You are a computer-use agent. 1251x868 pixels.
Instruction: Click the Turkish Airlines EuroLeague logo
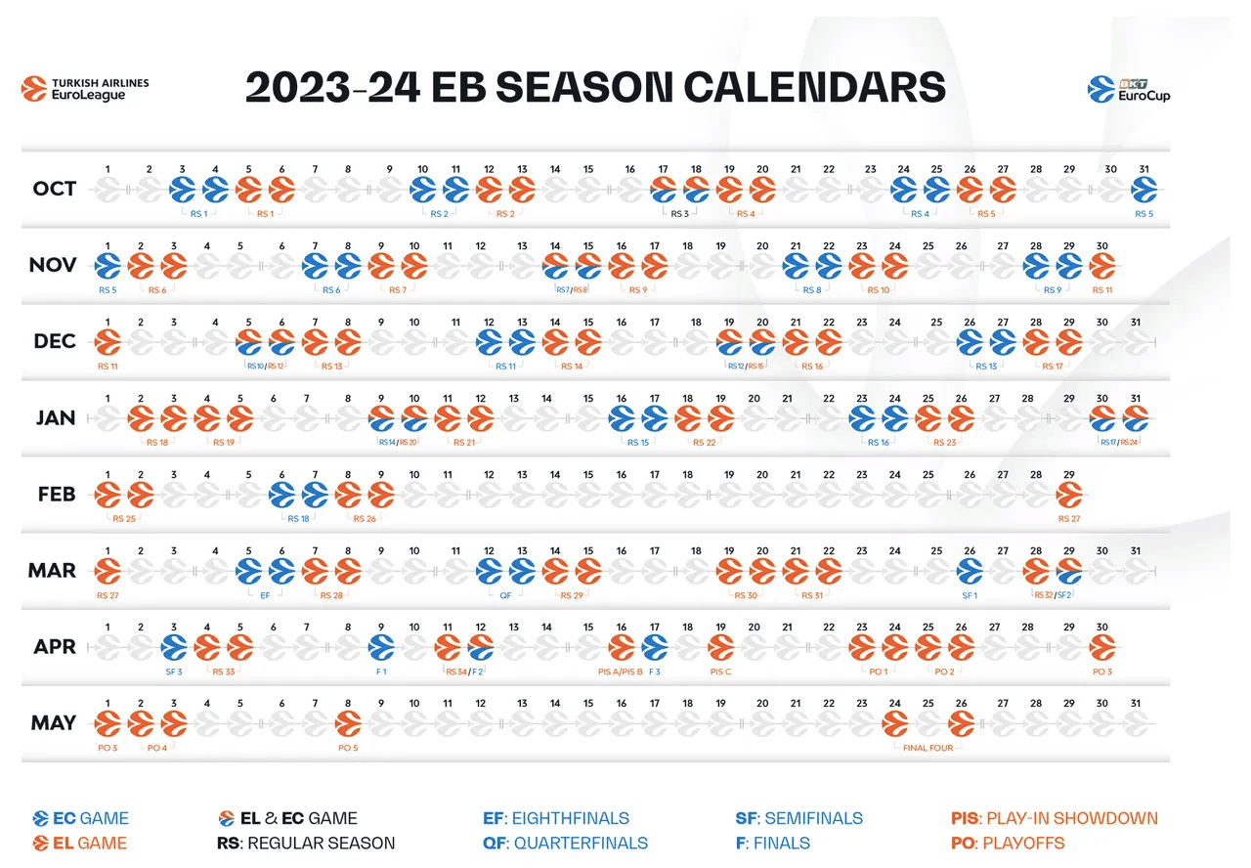[x=86, y=89]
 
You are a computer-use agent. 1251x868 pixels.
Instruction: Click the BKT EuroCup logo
[x=1129, y=89]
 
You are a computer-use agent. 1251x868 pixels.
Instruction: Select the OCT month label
[x=55, y=189]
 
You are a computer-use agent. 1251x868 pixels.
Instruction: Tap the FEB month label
[x=55, y=494]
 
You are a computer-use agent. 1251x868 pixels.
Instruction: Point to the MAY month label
[x=55, y=723]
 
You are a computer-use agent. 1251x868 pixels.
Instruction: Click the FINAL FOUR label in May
[x=927, y=748]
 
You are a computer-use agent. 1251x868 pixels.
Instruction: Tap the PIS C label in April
[x=720, y=672]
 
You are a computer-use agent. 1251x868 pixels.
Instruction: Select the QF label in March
[x=505, y=595]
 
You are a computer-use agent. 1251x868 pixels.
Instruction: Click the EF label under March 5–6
[x=265, y=595]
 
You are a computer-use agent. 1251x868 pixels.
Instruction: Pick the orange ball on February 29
[x=1069, y=494]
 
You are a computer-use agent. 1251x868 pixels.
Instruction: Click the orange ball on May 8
[x=348, y=723]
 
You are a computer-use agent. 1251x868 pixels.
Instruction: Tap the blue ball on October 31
[x=1143, y=189]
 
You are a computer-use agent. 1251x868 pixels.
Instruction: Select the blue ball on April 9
[x=381, y=646]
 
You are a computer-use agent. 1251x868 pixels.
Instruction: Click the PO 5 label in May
[x=348, y=748]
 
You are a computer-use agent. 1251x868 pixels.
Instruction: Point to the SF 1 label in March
[x=969, y=595]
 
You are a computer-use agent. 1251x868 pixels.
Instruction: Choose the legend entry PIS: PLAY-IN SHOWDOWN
[x=1054, y=818]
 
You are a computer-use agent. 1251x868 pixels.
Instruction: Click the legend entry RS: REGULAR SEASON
[x=307, y=843]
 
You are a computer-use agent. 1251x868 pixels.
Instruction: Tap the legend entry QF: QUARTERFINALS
[x=565, y=843]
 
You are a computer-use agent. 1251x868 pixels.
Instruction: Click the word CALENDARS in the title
[x=814, y=87]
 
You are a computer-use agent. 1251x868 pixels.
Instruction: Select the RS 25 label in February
[x=124, y=519]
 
